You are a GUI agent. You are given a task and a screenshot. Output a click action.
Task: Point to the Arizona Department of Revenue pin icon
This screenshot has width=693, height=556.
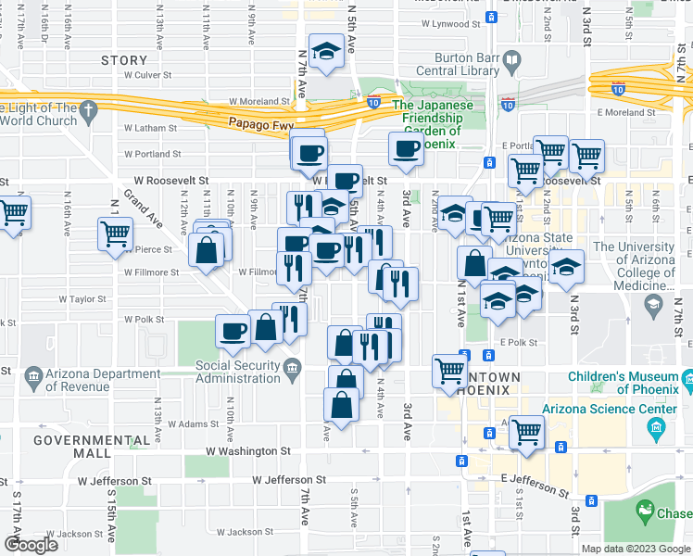[34, 376]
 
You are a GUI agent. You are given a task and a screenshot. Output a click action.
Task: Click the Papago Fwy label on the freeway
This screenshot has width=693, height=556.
[257, 121]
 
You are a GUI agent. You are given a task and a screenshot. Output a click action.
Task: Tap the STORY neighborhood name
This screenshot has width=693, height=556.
[123, 60]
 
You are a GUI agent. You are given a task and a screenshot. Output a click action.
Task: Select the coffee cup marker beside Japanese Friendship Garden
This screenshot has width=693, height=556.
[406, 147]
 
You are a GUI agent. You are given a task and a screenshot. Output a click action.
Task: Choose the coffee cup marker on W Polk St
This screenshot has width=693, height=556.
[233, 330]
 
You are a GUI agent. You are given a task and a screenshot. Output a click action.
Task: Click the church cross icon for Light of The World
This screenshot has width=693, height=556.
[88, 112]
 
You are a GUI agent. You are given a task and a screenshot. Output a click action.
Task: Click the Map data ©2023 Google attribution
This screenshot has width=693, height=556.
[635, 549]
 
